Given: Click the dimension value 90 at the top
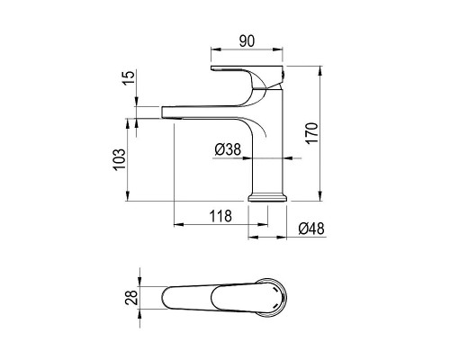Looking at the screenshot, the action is pyautogui.click(x=247, y=41).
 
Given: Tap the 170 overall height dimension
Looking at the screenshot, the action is pyautogui.click(x=311, y=133).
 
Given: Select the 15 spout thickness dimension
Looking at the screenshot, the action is pyautogui.click(x=129, y=78).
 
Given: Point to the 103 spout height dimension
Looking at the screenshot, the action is pyautogui.click(x=120, y=158).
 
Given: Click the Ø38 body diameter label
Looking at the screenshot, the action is pyautogui.click(x=228, y=149).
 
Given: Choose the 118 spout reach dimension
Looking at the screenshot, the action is pyautogui.click(x=220, y=216).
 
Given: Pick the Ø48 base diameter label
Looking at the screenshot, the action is pyautogui.click(x=311, y=229).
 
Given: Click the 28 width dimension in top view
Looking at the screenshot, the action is pyautogui.click(x=132, y=296).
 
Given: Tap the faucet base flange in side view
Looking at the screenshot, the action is pyautogui.click(x=267, y=198).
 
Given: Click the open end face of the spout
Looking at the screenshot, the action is pyautogui.click(x=162, y=112).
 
